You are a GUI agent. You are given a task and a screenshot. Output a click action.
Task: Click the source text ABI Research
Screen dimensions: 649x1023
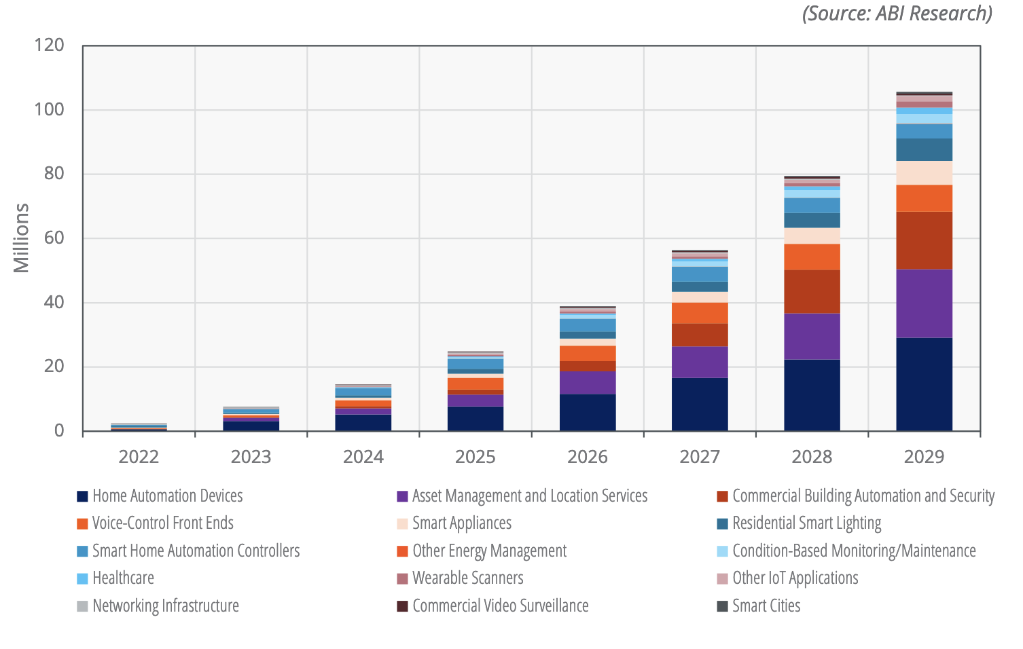coord(897,14)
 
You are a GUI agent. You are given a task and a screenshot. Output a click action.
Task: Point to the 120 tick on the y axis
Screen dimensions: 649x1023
coord(49,45)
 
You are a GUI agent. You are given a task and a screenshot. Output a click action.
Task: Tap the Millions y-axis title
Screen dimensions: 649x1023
coord(22,238)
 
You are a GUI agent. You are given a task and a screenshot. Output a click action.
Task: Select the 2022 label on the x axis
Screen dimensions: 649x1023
coord(139,457)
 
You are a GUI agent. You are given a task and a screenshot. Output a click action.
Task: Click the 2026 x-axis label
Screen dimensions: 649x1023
coord(588,457)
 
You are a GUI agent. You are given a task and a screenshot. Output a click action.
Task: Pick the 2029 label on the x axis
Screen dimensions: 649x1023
coord(924,457)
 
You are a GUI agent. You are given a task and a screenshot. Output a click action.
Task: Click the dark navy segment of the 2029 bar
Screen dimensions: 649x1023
coord(924,384)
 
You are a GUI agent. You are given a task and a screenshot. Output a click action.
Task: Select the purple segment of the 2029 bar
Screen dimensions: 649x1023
coord(924,303)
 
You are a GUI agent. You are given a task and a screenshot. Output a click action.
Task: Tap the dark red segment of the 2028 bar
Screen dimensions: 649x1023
coord(812,292)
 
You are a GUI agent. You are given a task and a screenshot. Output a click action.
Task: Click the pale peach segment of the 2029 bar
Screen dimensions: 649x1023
coord(924,173)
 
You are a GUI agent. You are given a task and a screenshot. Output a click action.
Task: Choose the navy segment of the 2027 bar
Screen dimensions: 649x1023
coord(700,404)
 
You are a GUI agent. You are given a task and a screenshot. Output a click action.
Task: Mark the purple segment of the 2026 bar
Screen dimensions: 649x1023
coord(588,383)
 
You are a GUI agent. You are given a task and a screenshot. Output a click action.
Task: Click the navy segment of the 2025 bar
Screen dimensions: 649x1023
coord(475,418)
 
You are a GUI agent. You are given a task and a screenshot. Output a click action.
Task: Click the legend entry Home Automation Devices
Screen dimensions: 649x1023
coord(167,496)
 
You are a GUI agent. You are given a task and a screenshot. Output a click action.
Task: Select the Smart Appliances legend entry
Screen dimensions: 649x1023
coord(461,523)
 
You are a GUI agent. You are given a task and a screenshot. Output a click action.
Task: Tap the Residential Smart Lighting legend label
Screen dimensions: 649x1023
coord(806,523)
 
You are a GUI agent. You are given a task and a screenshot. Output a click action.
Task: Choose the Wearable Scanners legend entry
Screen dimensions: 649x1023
coord(467,578)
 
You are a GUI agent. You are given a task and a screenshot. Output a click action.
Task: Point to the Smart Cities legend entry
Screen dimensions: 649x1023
coord(766,606)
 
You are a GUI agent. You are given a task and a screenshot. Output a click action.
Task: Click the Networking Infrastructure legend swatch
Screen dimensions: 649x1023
coord(83,606)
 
